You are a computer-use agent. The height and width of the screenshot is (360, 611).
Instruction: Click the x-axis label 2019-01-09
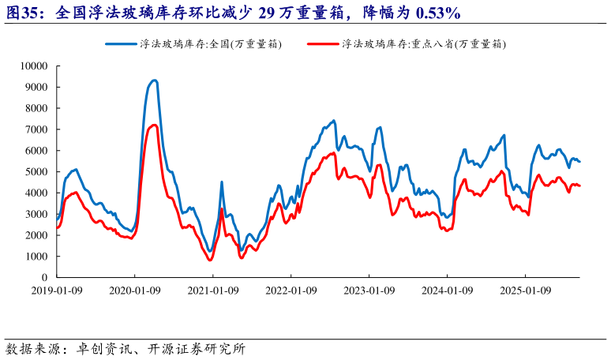click(58, 291)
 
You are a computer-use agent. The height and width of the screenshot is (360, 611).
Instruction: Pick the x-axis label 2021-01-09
click(213, 291)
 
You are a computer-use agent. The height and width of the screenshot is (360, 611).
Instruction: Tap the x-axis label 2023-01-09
click(369, 291)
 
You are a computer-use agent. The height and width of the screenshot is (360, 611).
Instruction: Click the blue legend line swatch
click(122, 44)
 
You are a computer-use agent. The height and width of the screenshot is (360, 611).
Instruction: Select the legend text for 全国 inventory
click(210, 44)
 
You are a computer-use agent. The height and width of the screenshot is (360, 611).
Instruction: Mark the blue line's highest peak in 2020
click(154, 80)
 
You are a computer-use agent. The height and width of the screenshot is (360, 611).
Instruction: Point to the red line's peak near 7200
click(154, 125)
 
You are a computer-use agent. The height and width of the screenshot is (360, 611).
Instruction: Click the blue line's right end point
click(580, 162)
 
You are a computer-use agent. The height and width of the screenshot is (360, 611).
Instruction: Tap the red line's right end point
click(580, 186)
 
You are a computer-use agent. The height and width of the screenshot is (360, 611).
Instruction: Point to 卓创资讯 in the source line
click(103, 348)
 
